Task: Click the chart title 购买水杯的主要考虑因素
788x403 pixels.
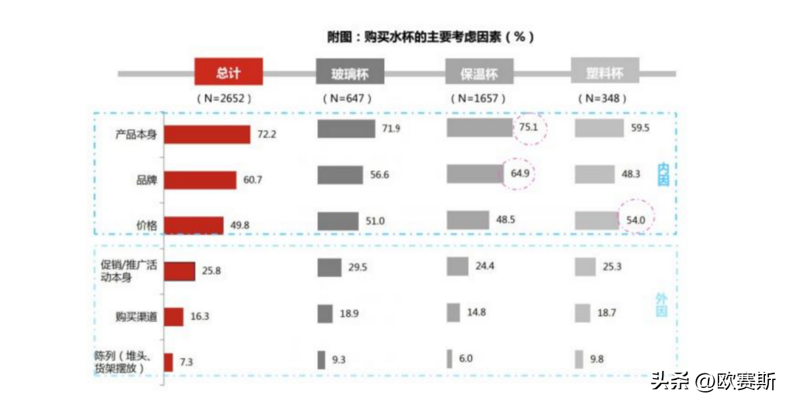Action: point(430,37)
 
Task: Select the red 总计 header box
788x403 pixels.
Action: point(229,72)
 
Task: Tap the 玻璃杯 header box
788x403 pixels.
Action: point(349,73)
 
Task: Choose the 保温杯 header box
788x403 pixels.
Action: point(479,72)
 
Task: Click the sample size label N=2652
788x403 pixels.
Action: point(224,98)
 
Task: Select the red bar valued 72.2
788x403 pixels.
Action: point(207,135)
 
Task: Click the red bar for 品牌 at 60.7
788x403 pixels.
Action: point(200,180)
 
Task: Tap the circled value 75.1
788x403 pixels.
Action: point(529,128)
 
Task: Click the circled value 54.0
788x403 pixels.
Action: point(636,220)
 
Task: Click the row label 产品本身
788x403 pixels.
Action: point(136,135)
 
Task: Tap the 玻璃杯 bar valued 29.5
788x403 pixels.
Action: point(329,268)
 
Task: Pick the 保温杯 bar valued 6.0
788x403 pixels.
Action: point(449,359)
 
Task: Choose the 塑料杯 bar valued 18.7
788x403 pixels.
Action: point(582,314)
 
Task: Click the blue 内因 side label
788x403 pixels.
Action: point(663,175)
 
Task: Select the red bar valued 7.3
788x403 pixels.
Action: point(168,362)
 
